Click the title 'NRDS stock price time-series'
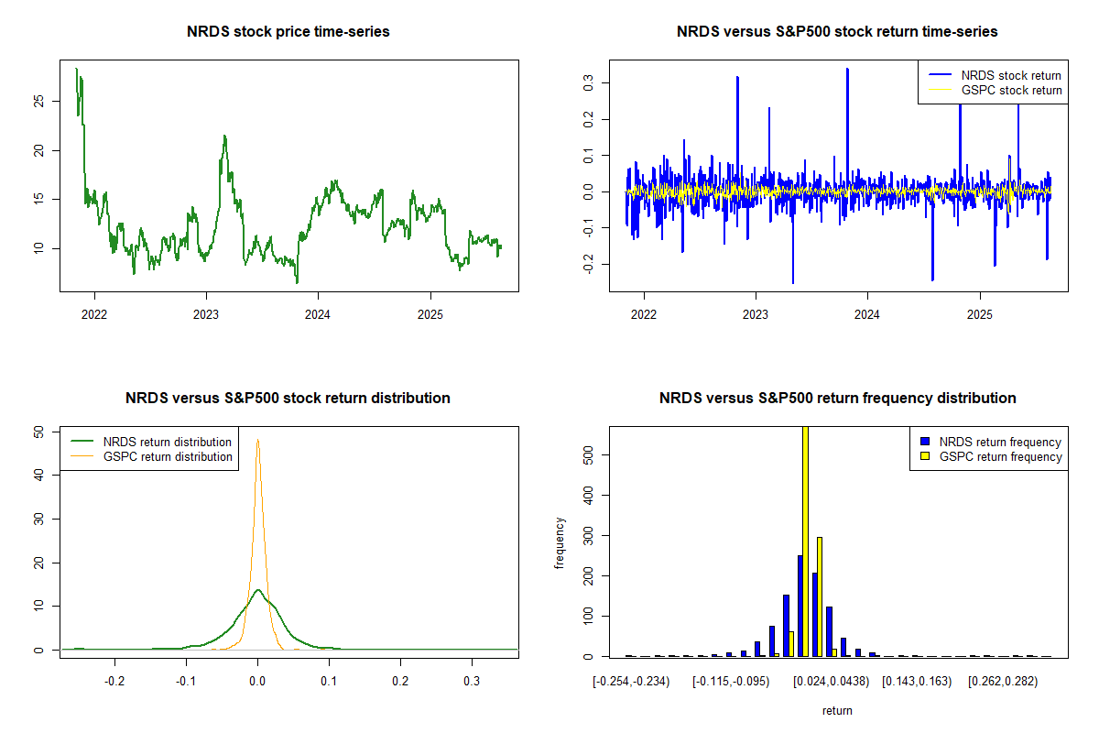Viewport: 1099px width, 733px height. pyautogui.click(x=288, y=32)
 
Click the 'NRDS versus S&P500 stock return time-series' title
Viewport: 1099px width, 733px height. pyautogui.click(x=837, y=32)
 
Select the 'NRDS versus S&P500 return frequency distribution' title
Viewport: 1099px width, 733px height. pyautogui.click(x=837, y=399)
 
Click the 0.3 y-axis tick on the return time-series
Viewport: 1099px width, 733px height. pyautogui.click(x=589, y=83)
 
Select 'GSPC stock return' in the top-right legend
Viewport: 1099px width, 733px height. pyautogui.click(x=1011, y=91)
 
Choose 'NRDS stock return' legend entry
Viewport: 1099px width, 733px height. pyautogui.click(x=1011, y=75)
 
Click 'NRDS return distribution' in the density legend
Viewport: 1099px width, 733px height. pyautogui.click(x=168, y=442)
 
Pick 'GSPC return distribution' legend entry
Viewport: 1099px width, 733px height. pyautogui.click(x=168, y=456)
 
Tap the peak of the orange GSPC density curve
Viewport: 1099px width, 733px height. pyautogui.click(x=258, y=440)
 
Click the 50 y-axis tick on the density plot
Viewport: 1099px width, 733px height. pyautogui.click(x=39, y=431)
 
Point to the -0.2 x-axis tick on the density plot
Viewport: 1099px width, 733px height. pyautogui.click(x=115, y=682)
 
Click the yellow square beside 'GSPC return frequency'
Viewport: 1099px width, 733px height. pyautogui.click(x=925, y=456)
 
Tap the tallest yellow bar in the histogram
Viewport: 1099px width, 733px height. pyautogui.click(x=805, y=550)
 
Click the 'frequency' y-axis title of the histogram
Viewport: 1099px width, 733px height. pyautogui.click(x=560, y=542)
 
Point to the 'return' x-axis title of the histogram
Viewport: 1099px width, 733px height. pyautogui.click(x=837, y=710)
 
